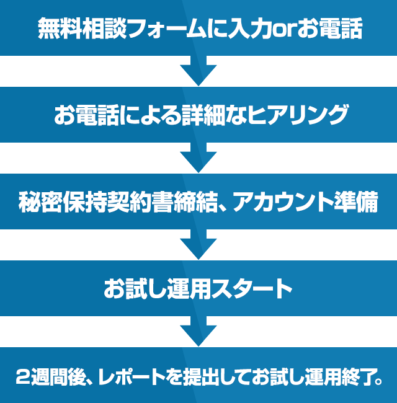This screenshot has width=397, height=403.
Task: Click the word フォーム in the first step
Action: coord(167,29)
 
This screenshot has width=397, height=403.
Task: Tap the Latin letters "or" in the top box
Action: coord(283,30)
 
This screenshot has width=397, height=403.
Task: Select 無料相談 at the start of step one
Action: coord(83,29)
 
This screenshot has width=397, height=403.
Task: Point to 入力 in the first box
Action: coord(249,29)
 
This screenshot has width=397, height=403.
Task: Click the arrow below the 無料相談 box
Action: coord(198,71)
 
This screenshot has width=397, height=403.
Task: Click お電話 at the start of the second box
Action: coord(87,115)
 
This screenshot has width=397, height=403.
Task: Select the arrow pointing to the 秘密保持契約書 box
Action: coord(198,157)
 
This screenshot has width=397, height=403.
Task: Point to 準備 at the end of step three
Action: coord(356,201)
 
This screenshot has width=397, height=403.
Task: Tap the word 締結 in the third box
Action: coord(195,201)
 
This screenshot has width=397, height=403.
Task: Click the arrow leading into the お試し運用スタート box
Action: coord(198,244)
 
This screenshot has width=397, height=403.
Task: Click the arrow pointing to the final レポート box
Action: coord(198,331)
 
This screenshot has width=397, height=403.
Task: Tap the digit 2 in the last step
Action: coord(23,377)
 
